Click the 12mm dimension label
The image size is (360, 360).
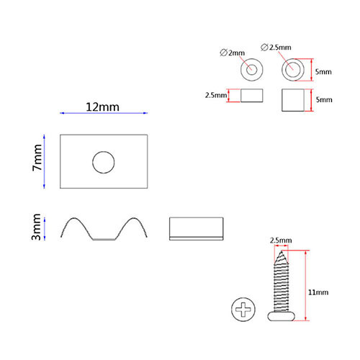102,107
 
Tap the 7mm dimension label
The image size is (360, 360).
37,158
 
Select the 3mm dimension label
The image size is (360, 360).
36,227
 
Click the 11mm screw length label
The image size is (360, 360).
318,292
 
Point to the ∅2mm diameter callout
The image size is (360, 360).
232,53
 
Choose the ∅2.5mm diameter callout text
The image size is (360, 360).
276,48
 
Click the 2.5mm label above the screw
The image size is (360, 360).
281,240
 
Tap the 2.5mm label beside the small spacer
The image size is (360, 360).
216,95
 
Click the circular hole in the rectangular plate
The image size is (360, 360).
104,162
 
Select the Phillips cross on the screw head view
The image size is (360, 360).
243,310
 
